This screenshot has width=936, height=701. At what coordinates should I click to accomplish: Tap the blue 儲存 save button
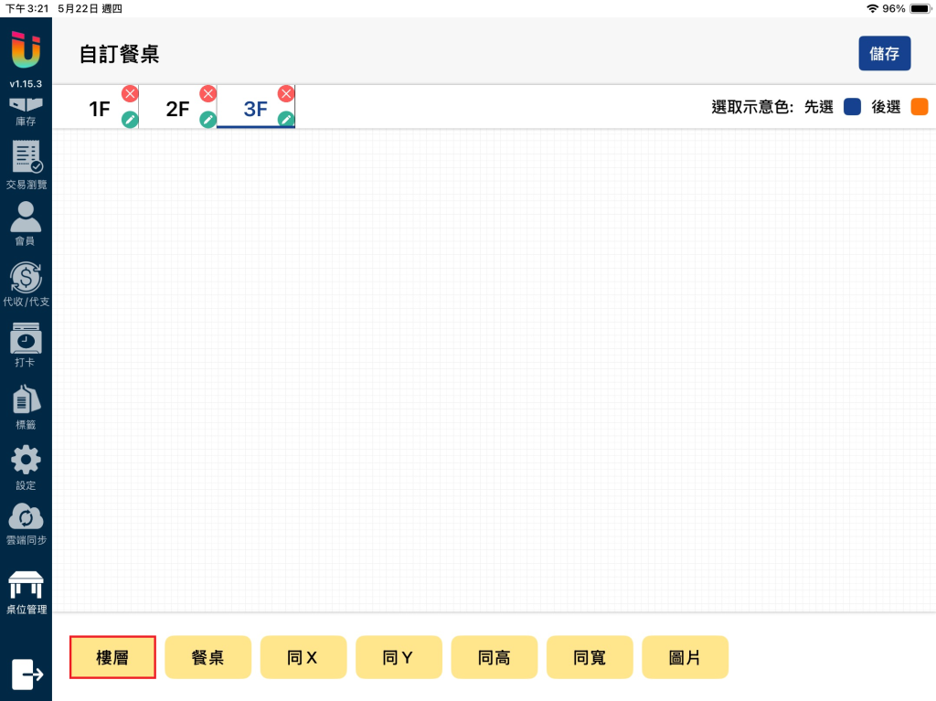pos(884,54)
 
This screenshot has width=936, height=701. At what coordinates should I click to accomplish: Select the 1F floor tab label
pos(100,110)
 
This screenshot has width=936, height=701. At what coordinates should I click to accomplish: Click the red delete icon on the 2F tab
pos(207,94)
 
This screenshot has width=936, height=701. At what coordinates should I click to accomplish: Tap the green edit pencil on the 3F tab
pos(286,120)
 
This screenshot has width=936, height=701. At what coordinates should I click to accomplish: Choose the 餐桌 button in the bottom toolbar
pos(207,657)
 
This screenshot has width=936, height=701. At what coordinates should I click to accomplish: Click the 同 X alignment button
pos(303,657)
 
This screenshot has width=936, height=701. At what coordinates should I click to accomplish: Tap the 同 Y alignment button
pos(399,657)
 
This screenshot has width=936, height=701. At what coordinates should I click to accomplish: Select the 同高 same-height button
pos(495,657)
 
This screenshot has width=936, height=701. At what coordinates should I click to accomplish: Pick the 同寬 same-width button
pos(590,657)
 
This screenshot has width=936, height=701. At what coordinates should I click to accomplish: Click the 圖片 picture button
pos(686,657)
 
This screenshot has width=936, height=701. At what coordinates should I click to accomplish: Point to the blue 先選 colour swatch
pos(853,107)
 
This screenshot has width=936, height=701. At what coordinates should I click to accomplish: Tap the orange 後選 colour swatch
pos(920,107)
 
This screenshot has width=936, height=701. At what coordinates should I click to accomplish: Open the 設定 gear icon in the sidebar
pos(26,461)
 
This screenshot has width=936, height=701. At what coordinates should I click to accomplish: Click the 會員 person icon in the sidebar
pos(26,217)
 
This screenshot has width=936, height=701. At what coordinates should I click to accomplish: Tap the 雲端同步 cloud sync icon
pos(26,516)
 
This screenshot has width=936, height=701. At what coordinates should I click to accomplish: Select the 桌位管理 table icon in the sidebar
pos(26,585)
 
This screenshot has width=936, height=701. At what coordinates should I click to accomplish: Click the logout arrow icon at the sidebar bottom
pos(27,674)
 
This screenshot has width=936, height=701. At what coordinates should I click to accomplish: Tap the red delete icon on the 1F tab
pos(130,94)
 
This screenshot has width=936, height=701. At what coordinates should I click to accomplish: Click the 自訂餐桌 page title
pos(120,54)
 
